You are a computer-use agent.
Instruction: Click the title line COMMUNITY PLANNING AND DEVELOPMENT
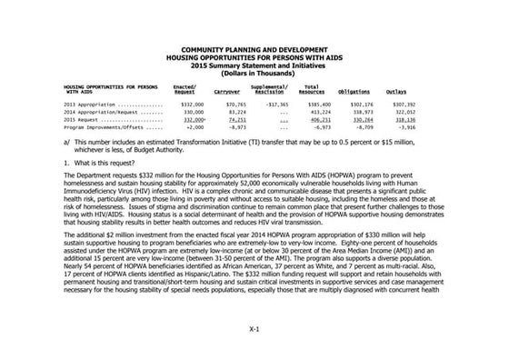coord(254,46)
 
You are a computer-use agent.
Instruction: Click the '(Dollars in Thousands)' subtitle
coord(254,72)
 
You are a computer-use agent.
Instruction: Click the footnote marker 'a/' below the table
coord(68,142)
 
